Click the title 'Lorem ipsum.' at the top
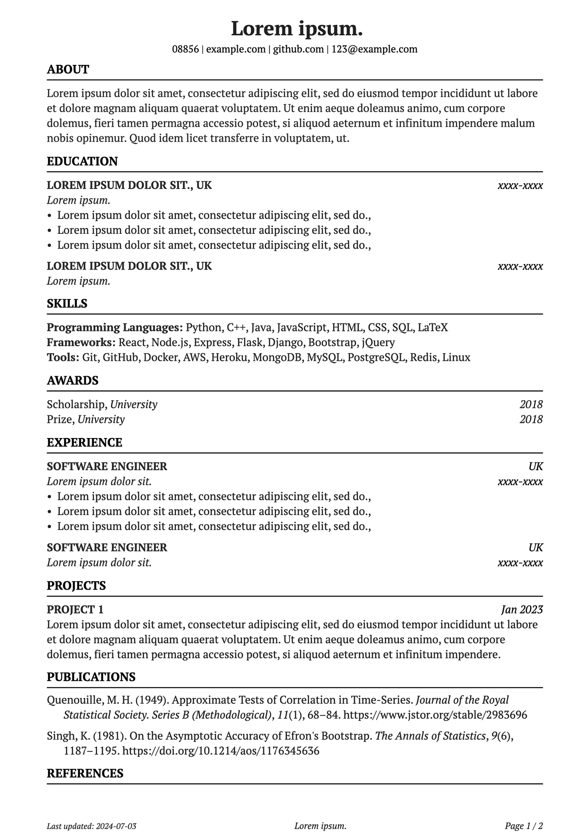[296, 29]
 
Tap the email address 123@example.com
[374, 49]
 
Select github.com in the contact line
[298, 49]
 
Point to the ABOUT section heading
[68, 70]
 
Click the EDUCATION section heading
[82, 162]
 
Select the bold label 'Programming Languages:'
[115, 327]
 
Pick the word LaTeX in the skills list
[433, 327]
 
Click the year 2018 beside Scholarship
[531, 405]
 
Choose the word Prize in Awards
[60, 420]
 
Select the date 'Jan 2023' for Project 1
[522, 610]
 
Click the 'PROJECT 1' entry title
[75, 610]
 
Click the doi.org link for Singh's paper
[221, 751]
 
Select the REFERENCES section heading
[85, 773]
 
